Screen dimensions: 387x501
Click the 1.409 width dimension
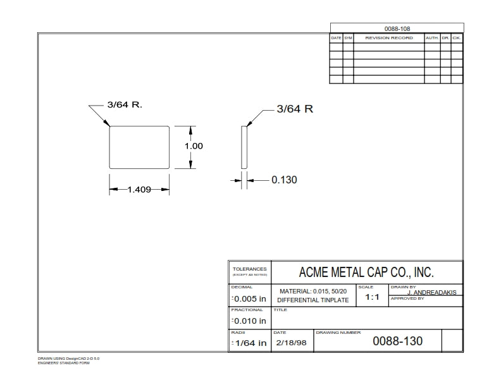click(139, 189)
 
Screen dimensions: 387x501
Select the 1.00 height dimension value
click(194, 146)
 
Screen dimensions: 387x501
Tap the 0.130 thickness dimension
click(284, 180)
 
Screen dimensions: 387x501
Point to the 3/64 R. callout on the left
click(125, 104)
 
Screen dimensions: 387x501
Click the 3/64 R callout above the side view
click(295, 109)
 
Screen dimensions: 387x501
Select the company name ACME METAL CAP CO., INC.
click(366, 273)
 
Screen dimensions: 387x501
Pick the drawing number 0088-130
click(397, 341)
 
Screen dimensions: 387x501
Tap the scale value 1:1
click(372, 297)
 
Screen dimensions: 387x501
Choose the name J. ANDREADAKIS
click(432, 292)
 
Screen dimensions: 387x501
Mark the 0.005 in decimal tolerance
click(249, 298)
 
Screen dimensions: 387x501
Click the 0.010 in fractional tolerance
click(249, 321)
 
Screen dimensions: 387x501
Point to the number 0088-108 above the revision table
click(397, 29)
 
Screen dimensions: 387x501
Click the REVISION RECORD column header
click(388, 38)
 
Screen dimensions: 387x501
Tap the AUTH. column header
click(432, 38)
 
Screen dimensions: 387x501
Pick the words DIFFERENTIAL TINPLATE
click(313, 300)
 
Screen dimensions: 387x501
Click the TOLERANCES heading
click(249, 269)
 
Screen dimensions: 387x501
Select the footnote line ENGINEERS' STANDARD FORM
click(64, 363)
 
